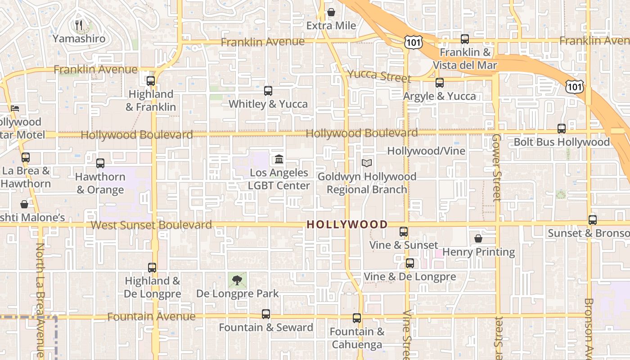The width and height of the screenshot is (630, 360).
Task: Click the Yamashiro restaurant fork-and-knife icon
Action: tap(79, 25)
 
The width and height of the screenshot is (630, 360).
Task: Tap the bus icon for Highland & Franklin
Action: tap(151, 81)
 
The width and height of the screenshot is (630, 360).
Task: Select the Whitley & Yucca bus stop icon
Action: tap(268, 91)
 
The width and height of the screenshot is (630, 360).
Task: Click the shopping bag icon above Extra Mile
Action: tap(331, 12)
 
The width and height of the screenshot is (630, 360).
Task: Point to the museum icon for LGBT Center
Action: tap(279, 159)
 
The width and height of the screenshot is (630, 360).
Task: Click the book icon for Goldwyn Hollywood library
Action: tap(367, 163)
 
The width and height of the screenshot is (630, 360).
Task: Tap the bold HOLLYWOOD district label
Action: tap(347, 225)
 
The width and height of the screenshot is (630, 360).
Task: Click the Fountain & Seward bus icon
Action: tap(266, 314)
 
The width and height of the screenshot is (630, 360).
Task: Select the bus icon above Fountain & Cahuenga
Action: tap(357, 318)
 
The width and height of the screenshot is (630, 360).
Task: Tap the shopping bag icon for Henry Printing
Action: tap(478, 238)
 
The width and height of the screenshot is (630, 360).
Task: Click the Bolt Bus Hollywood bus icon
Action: tap(562, 129)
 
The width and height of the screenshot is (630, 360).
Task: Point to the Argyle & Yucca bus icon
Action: tap(440, 83)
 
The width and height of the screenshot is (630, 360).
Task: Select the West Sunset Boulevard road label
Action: tap(151, 225)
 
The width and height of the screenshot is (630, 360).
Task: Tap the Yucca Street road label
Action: tap(379, 76)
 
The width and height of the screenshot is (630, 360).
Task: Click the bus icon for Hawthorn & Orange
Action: tap(100, 163)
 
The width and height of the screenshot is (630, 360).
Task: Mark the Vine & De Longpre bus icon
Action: tap(410, 263)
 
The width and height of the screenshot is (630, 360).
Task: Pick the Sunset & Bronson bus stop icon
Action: tap(593, 220)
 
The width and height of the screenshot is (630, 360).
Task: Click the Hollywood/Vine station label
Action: tap(426, 151)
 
